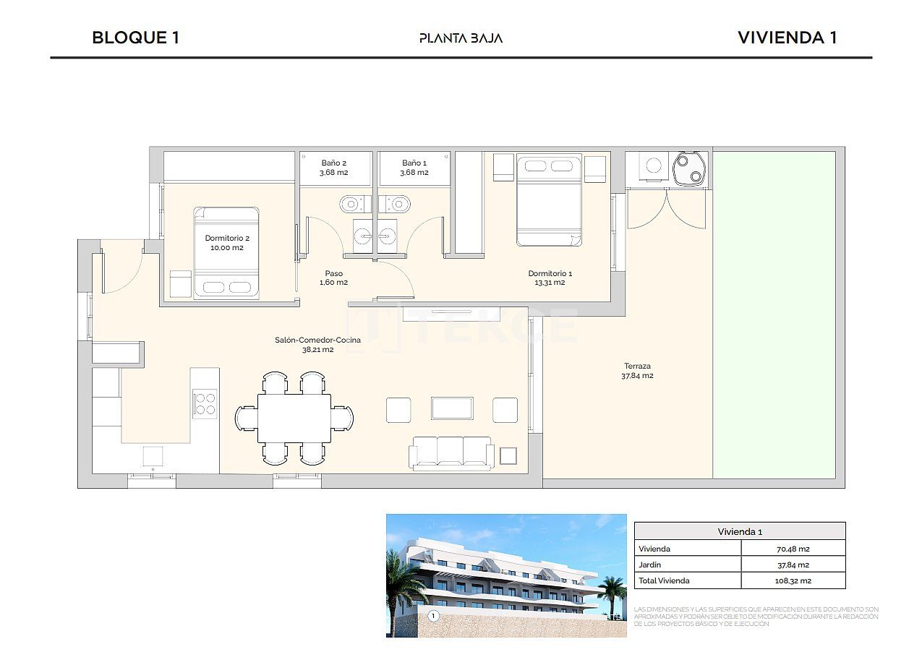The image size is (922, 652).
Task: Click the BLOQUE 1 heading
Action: pyautogui.click(x=135, y=38)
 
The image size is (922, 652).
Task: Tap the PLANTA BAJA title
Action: pyautogui.click(x=461, y=38)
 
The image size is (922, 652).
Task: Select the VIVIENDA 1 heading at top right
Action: pyautogui.click(x=787, y=38)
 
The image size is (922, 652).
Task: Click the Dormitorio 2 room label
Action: pyautogui.click(x=226, y=243)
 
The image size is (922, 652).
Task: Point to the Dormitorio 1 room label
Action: pyautogui.click(x=550, y=278)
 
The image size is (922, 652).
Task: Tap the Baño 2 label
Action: pyautogui.click(x=334, y=168)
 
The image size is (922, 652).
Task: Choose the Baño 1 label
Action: pyautogui.click(x=414, y=168)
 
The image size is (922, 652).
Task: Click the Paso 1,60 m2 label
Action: pyautogui.click(x=333, y=278)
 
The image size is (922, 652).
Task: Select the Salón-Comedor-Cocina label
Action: pyautogui.click(x=307, y=345)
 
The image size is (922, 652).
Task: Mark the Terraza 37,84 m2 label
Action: pyautogui.click(x=637, y=371)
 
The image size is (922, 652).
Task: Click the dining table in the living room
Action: pyautogui.click(x=294, y=418)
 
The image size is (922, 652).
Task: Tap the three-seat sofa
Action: pyautogui.click(x=452, y=452)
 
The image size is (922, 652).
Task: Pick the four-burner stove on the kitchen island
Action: pyautogui.click(x=205, y=403)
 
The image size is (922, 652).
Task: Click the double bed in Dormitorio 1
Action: pyautogui.click(x=549, y=200)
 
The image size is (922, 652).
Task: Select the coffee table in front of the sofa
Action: pyautogui.click(x=452, y=408)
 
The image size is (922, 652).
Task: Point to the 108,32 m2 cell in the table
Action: pyautogui.click(x=793, y=580)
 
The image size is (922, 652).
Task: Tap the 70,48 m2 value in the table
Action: pyautogui.click(x=793, y=549)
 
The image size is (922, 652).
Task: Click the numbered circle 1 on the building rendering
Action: pyautogui.click(x=433, y=616)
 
